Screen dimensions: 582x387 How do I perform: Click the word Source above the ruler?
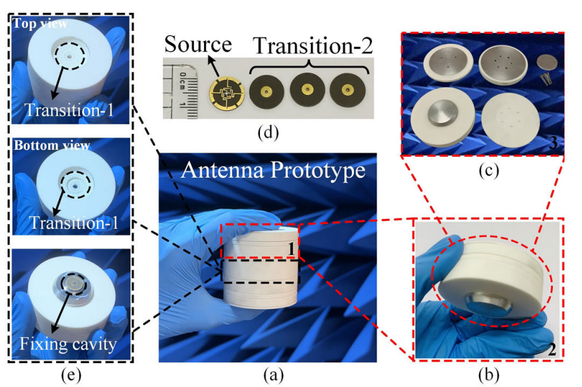pyautogui.click(x=198, y=44)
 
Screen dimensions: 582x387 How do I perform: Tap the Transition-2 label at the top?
pyautogui.click(x=313, y=46)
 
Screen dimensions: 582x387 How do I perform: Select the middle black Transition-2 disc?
pyautogui.click(x=307, y=90)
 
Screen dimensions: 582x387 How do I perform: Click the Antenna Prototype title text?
pyautogui.click(x=274, y=170)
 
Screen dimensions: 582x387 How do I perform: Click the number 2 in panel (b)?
pyautogui.click(x=552, y=349)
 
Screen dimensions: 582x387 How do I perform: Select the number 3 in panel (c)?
pyautogui.click(x=553, y=142)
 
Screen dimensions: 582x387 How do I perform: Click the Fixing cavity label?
pyautogui.click(x=68, y=344)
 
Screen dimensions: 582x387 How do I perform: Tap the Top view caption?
pyautogui.click(x=40, y=23)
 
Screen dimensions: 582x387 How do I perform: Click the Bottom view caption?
pyautogui.click(x=52, y=145)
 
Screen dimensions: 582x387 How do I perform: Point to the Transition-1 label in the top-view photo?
pyautogui.click(x=69, y=110)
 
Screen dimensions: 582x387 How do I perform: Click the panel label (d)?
pyautogui.click(x=268, y=133)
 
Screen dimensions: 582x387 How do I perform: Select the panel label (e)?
pyautogui.click(x=70, y=375)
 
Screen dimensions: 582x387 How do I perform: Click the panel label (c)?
pyautogui.click(x=489, y=170)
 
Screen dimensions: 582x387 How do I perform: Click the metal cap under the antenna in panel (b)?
pyautogui.click(x=487, y=304)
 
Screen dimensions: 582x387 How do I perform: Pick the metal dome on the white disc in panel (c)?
pyautogui.click(x=443, y=112)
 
